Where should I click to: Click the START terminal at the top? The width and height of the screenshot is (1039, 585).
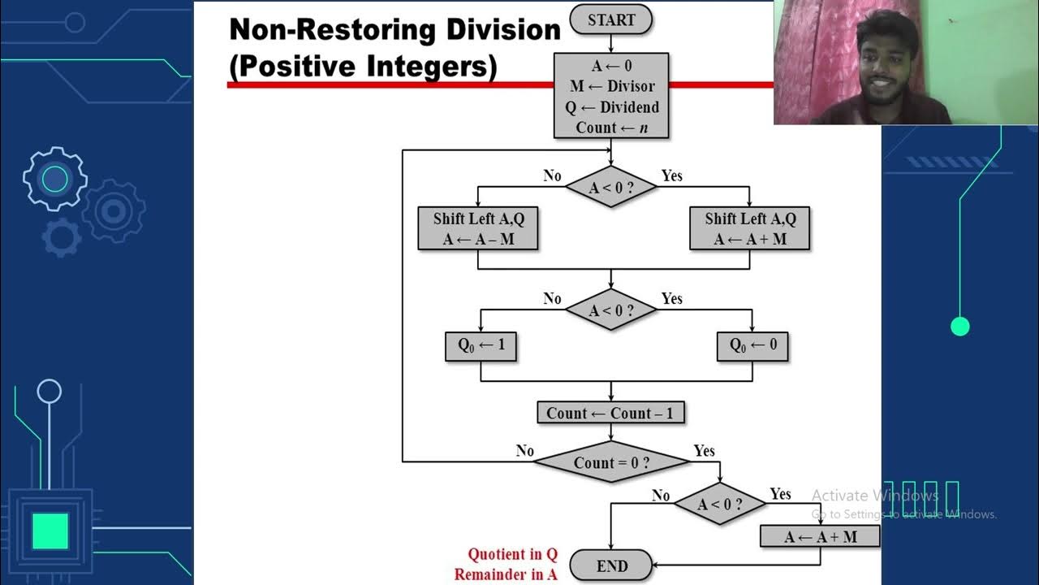[610, 19]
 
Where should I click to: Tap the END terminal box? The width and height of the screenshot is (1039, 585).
[611, 565]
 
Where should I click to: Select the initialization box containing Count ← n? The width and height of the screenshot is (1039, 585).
[611, 96]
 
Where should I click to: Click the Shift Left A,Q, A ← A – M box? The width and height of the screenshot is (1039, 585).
[478, 228]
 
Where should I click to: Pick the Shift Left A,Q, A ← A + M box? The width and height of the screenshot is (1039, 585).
[750, 228]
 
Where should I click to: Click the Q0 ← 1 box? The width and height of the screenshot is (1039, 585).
[481, 345]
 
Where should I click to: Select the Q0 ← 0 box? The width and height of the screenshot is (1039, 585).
[752, 345]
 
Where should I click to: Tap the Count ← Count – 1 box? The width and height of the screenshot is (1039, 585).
[610, 413]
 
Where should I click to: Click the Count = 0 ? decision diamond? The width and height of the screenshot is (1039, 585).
[610, 462]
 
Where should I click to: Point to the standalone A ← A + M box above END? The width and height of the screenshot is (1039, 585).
[820, 536]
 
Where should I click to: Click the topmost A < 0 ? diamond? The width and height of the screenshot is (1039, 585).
[610, 188]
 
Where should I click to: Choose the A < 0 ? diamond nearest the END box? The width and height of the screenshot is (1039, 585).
[720, 505]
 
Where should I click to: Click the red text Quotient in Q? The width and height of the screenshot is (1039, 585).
[512, 555]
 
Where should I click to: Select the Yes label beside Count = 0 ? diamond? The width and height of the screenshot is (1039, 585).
[704, 450]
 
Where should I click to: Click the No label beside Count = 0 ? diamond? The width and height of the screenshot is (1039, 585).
[525, 450]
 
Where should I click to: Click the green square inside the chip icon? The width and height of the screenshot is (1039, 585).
[50, 530]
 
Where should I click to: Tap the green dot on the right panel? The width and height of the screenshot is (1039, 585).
[960, 327]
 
